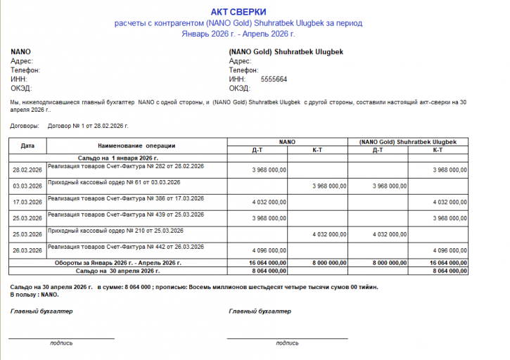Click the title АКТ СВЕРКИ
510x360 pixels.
[x=238, y=13]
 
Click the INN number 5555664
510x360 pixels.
[x=274, y=79]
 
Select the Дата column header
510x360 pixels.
[x=27, y=146]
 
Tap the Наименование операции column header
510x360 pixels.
[x=137, y=146]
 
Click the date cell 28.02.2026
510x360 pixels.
[x=27, y=170]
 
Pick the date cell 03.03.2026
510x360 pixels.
[x=27, y=186]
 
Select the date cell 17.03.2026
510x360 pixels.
[x=27, y=202]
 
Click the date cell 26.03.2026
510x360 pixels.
[x=27, y=250]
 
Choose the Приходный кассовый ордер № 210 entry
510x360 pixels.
[x=115, y=231]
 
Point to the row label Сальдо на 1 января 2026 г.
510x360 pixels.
[x=117, y=159]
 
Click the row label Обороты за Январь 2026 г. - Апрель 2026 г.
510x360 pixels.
[x=118, y=263]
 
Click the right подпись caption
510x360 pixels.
[x=287, y=343]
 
